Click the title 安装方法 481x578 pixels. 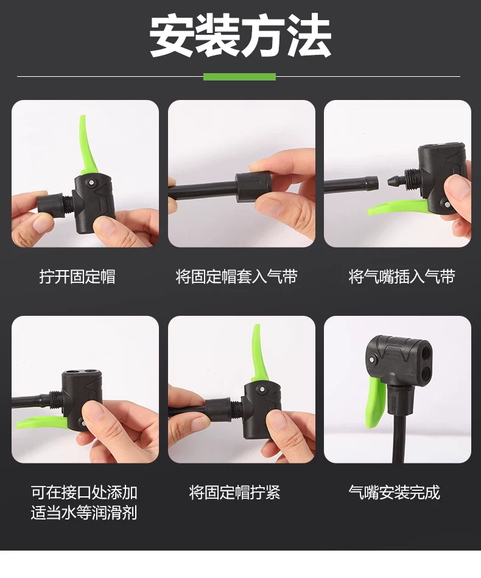click(240, 35)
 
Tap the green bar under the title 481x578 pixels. click(239, 77)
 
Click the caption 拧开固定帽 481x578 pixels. click(77, 276)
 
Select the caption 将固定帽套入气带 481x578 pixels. click(236, 276)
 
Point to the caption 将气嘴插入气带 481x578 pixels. click(402, 276)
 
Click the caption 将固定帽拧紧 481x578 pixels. click(234, 493)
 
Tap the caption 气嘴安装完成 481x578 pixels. click(394, 493)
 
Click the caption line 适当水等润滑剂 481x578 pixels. click(84, 513)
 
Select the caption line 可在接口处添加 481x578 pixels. click(84, 493)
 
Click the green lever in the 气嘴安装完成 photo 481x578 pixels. click(376, 404)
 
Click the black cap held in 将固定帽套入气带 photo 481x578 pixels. click(253, 187)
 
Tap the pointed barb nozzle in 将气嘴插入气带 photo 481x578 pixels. click(396, 180)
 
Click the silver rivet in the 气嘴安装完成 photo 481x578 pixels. click(373, 359)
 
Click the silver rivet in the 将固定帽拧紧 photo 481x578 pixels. click(262, 390)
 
